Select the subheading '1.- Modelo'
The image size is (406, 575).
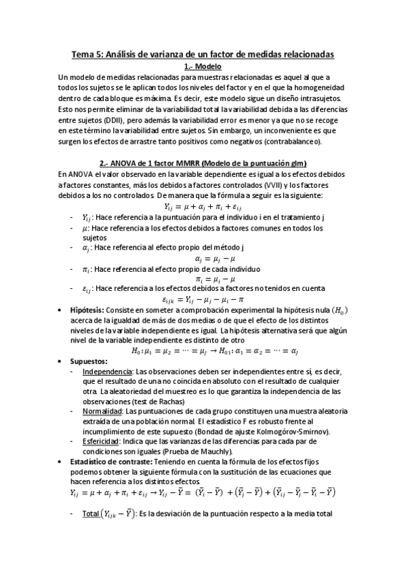pyautogui.click(x=203, y=66)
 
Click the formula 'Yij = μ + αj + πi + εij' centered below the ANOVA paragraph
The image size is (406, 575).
pyautogui.click(x=203, y=206)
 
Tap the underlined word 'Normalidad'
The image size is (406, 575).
pyautogui.click(x=102, y=412)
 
